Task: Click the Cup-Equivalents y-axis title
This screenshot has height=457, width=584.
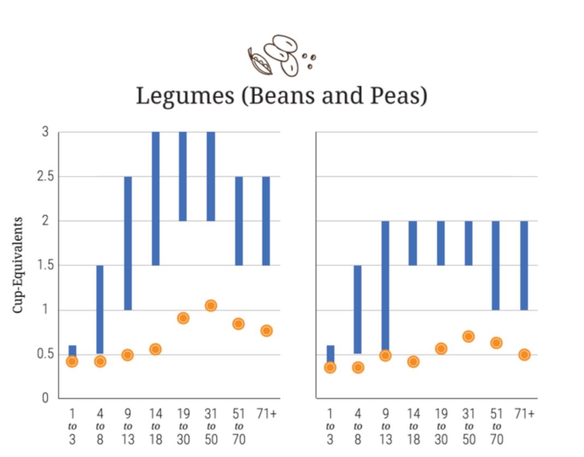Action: coord(19,265)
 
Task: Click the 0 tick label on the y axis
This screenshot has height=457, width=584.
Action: coord(46,399)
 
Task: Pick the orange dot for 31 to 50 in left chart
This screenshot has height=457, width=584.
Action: coord(211,306)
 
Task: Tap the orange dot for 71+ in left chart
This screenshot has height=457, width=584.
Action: coord(267,331)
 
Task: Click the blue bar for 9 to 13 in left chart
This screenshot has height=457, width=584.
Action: coord(128,243)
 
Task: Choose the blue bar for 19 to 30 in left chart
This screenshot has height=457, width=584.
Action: coord(183,176)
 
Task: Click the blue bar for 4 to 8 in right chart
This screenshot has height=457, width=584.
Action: coord(358,309)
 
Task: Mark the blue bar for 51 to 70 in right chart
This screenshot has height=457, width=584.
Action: coord(496,265)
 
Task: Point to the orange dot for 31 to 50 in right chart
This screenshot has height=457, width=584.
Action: coord(468,337)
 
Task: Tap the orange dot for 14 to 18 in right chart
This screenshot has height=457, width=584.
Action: coord(413,362)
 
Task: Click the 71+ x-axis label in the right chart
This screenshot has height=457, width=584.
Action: coord(524,414)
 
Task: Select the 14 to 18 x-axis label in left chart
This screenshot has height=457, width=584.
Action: coord(155,426)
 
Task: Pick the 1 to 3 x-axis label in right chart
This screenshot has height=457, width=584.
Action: coord(329,426)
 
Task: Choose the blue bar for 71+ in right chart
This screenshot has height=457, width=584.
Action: coord(524,265)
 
